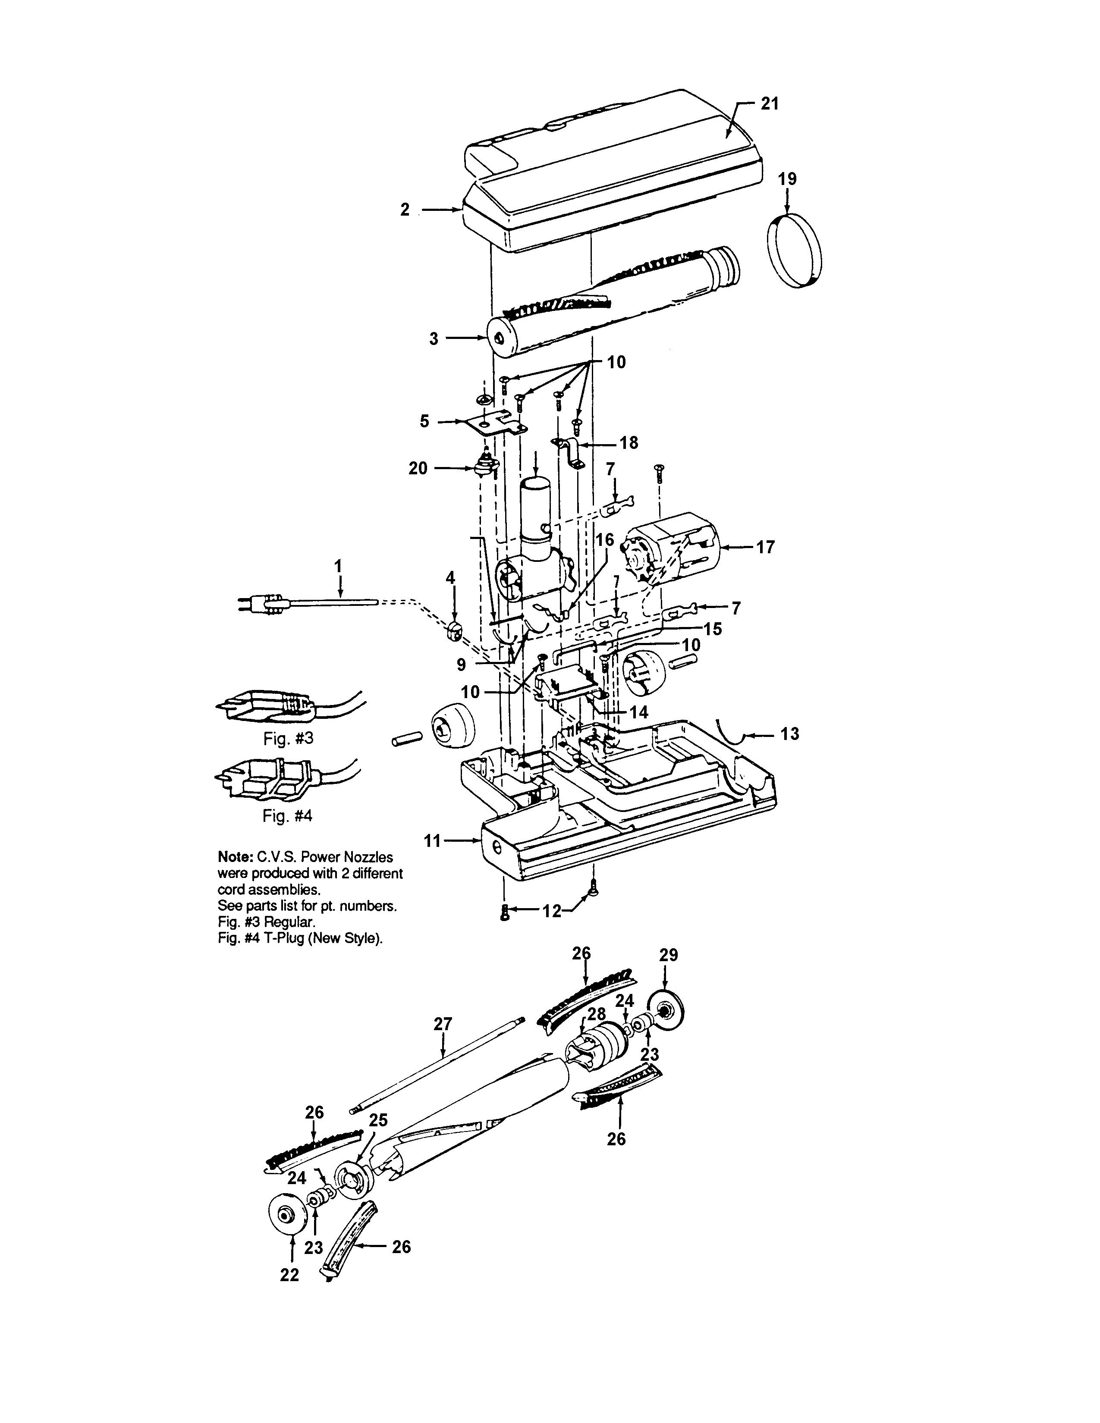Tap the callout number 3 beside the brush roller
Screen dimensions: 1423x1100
pos(434,339)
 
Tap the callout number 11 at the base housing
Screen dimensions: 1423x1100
pos(433,841)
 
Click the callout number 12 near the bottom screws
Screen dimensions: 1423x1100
pos(551,910)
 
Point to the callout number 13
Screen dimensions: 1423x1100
pos(789,733)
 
